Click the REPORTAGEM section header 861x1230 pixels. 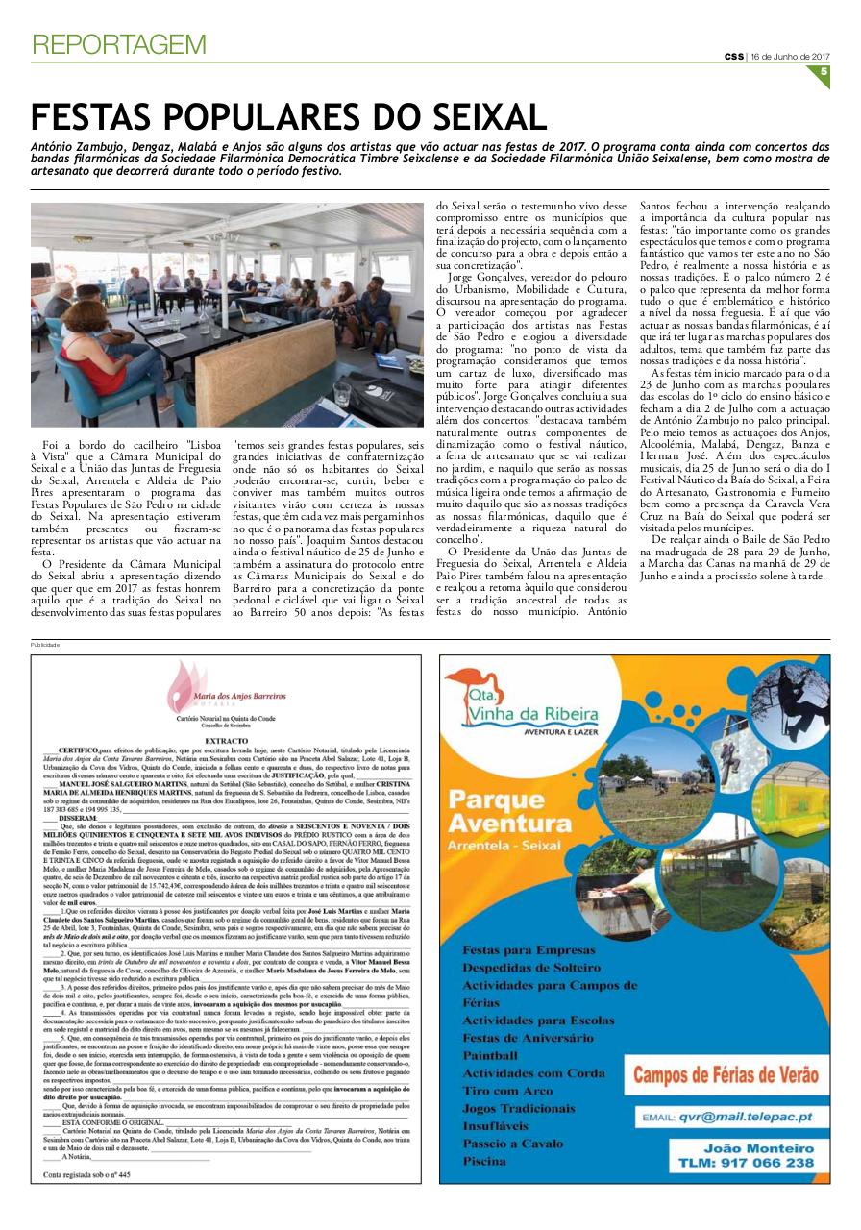click(119, 44)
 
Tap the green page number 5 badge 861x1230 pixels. click(824, 70)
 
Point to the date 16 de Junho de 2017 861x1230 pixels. click(790, 56)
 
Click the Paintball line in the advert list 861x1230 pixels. click(490, 1055)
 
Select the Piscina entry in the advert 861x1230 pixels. click(484, 1161)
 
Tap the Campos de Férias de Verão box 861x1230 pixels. click(726, 1075)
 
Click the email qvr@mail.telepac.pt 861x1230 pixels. click(727, 1118)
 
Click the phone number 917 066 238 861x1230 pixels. click(758, 1162)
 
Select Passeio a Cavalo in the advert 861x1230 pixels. click(513, 1144)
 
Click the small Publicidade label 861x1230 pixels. click(45, 645)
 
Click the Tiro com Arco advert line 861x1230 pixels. click(507, 1091)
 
